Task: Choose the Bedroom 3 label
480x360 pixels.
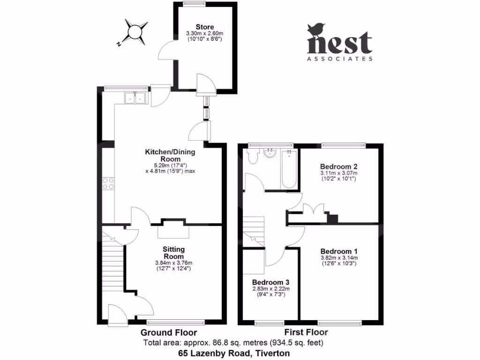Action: [x=270, y=283]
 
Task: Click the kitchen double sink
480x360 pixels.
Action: [x=135, y=98]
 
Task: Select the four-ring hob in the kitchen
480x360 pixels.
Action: [x=109, y=183]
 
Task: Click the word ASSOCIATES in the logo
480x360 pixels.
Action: [x=340, y=59]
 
